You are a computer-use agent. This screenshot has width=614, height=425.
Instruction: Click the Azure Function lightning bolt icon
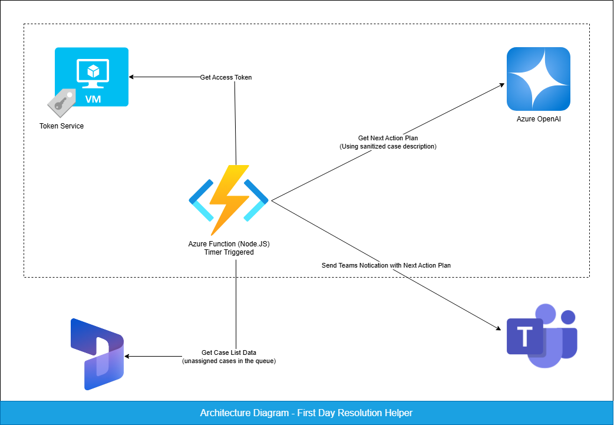pyautogui.click(x=229, y=200)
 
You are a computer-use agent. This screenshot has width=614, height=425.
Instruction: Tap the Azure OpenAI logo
pyautogui.click(x=538, y=79)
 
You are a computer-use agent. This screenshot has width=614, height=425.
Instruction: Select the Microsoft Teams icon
pyautogui.click(x=542, y=337)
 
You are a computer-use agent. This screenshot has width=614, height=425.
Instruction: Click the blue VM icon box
pyautogui.click(x=91, y=77)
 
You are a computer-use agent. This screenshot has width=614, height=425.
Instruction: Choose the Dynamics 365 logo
pyautogui.click(x=97, y=354)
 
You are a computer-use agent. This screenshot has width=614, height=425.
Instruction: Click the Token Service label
pyautogui.click(x=61, y=126)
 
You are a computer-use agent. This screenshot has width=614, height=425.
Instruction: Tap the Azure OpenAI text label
pyautogui.click(x=538, y=120)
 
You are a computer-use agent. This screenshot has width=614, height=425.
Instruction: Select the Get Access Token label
pyautogui.click(x=226, y=77)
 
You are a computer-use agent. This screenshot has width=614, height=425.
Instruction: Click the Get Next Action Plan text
pyautogui.click(x=388, y=138)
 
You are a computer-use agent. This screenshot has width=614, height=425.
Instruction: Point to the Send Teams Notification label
pyautogui.click(x=386, y=265)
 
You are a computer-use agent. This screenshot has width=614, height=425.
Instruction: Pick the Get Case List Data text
pyautogui.click(x=229, y=352)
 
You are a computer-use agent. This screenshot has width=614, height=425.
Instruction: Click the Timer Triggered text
pyautogui.click(x=229, y=252)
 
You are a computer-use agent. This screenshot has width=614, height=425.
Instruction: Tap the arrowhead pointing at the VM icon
pyautogui.click(x=132, y=77)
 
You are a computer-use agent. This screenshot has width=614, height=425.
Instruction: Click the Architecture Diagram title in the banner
pyautogui.click(x=306, y=413)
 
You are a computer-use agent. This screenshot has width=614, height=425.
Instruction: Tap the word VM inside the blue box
pyautogui.click(x=93, y=99)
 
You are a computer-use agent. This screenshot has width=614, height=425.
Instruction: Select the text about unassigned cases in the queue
pyautogui.click(x=229, y=361)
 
